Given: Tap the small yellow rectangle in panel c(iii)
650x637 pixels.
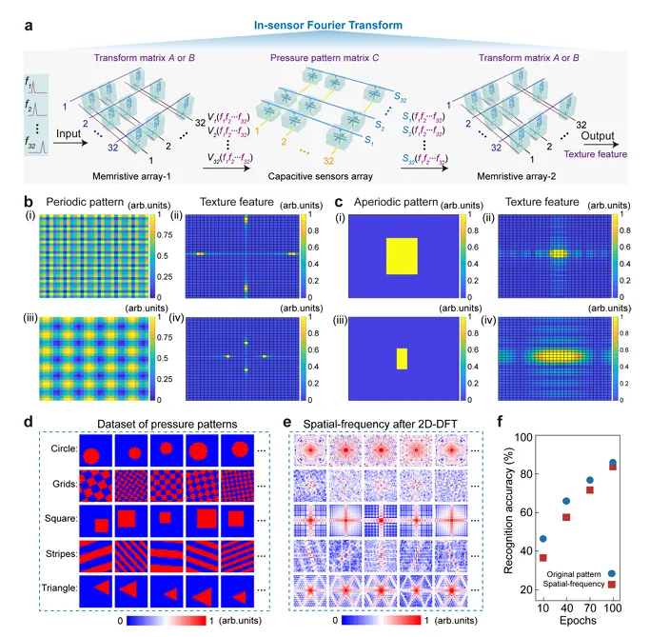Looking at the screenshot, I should tap(402, 358).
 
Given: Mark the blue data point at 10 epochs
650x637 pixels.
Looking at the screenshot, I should tap(543, 539).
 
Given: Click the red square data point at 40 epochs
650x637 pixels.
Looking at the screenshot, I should tap(567, 517).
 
